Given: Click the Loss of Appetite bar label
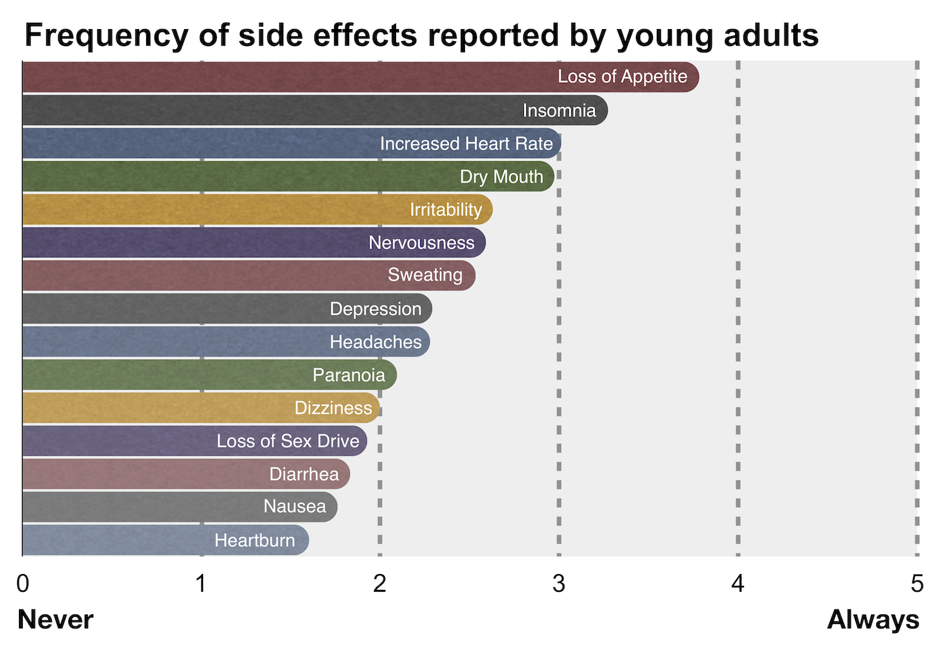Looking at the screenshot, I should pyautogui.click(x=622, y=76).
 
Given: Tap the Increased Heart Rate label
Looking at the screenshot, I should pyautogui.click(x=466, y=144).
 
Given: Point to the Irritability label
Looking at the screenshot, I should pyautogui.click(x=445, y=209).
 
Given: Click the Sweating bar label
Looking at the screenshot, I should pyautogui.click(x=425, y=275).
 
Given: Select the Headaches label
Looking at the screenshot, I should pyautogui.click(x=375, y=342).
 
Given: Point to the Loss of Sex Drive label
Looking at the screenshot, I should pyautogui.click(x=288, y=441).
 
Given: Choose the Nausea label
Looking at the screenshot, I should pyautogui.click(x=295, y=506).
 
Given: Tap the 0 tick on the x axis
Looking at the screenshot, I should pyautogui.click(x=23, y=584).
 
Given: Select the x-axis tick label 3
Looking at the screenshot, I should pyautogui.click(x=559, y=584).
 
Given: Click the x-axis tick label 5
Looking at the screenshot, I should pyautogui.click(x=917, y=584).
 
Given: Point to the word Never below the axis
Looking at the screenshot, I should pyautogui.click(x=56, y=620).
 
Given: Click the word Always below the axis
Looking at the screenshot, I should pyautogui.click(x=873, y=620).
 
